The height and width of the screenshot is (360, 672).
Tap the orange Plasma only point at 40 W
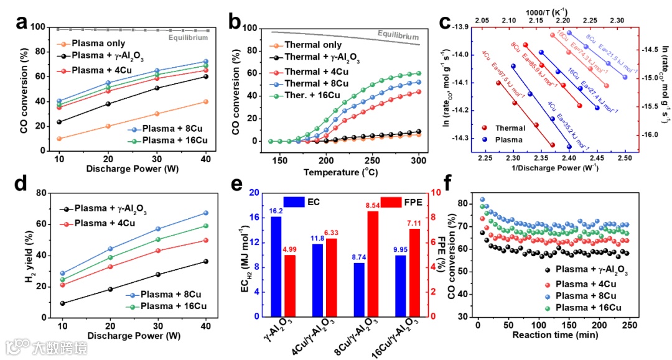tap(205, 101)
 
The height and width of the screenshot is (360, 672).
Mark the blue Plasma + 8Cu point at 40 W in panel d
tap(205, 213)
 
